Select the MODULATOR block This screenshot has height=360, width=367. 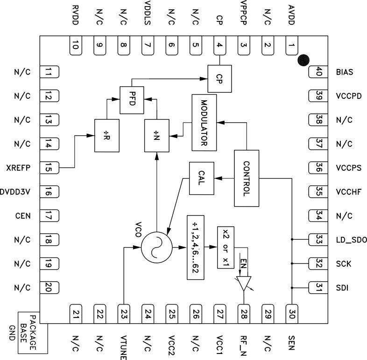[x=205, y=122]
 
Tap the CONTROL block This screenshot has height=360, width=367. [x=246, y=178]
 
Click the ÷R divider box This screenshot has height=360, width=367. [x=107, y=135]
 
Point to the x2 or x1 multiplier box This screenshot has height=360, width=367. [x=226, y=247]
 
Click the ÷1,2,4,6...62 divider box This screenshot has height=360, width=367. [x=196, y=247]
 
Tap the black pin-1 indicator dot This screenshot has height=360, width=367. [x=303, y=60]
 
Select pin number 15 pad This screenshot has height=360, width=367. [x=49, y=167]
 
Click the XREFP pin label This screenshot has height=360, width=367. [x=19, y=167]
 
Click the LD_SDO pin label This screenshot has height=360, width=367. [x=351, y=240]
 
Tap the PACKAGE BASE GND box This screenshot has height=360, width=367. [x=33, y=332]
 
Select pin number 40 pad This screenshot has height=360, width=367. [x=317, y=72]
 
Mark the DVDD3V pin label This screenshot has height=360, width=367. [x=15, y=192]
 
